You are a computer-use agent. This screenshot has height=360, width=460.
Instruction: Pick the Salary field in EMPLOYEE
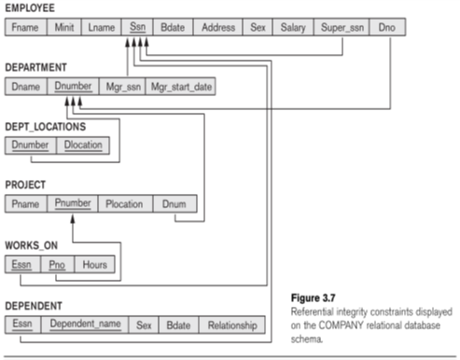tap(292, 27)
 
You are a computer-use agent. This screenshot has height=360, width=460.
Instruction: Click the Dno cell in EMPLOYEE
tap(386, 27)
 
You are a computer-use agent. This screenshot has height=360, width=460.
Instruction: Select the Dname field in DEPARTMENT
tap(25, 87)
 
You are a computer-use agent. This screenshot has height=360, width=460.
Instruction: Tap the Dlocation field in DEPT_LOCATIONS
tap(85, 145)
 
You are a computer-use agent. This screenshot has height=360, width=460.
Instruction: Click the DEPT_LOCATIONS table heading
tap(45, 125)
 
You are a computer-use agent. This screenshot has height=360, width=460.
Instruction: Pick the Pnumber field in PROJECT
tap(73, 203)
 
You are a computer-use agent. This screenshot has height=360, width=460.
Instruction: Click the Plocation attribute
tap(124, 203)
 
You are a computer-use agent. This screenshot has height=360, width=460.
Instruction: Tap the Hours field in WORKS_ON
tap(95, 265)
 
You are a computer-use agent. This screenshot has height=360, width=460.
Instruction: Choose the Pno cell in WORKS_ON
tap(58, 265)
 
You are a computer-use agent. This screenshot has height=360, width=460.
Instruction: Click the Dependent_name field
tap(85, 325)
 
